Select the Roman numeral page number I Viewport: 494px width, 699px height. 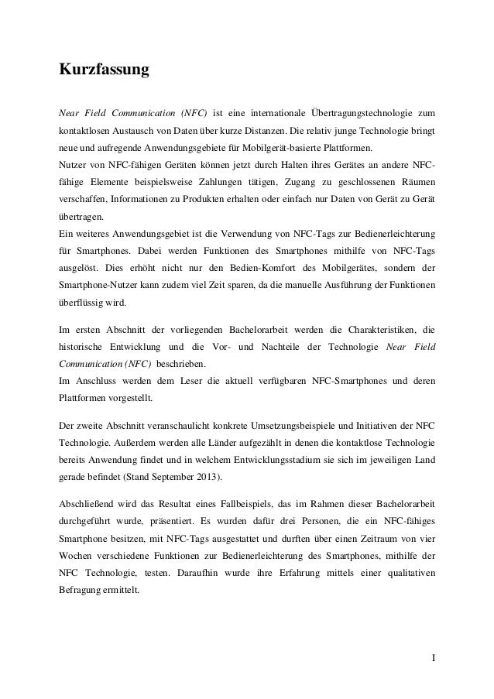coord(433,661)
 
